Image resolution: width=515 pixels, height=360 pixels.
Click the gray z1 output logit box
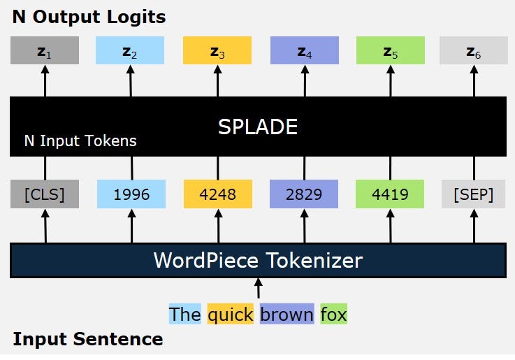point(45,50)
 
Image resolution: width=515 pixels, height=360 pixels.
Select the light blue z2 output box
point(131,50)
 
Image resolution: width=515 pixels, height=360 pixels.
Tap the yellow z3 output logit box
point(217,50)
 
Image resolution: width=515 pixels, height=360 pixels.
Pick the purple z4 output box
point(304,50)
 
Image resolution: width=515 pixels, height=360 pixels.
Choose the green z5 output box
point(390,50)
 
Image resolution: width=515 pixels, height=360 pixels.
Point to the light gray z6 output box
point(474,50)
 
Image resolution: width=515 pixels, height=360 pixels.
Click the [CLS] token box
point(45,194)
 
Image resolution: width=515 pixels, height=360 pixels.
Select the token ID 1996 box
point(131,194)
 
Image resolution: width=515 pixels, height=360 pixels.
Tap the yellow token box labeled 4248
point(217,194)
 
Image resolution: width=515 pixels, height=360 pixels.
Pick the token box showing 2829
point(304,194)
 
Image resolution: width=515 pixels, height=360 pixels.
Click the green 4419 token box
point(390,194)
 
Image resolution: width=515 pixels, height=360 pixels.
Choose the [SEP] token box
point(474,194)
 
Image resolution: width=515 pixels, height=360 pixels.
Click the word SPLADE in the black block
point(258,127)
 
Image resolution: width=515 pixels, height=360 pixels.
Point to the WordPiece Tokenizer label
point(258,261)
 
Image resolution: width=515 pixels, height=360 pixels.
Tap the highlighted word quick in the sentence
point(231,315)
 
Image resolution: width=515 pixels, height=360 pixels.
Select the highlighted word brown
point(286,315)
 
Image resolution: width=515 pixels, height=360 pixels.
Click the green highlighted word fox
point(333,315)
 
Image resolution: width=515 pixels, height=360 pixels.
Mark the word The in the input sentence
point(185,315)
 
